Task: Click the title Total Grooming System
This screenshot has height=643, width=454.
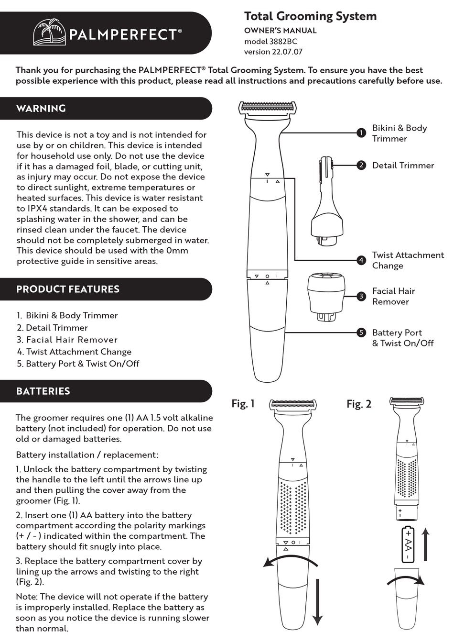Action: click(x=310, y=16)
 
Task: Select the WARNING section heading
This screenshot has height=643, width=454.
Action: click(x=41, y=109)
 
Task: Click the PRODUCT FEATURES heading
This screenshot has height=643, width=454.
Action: click(x=68, y=289)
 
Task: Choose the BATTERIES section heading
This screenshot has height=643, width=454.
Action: click(x=43, y=391)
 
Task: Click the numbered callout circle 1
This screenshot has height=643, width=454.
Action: click(x=361, y=133)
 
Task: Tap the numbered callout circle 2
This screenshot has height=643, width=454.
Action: click(x=361, y=165)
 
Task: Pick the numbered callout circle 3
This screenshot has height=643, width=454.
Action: click(x=361, y=296)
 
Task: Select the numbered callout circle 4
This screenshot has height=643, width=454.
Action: click(x=361, y=260)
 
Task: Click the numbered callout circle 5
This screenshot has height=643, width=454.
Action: click(x=361, y=333)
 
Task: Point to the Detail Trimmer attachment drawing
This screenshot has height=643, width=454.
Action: click(x=327, y=201)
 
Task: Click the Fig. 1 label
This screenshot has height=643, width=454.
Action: click(x=243, y=404)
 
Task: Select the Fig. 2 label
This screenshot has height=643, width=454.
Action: click(x=359, y=404)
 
